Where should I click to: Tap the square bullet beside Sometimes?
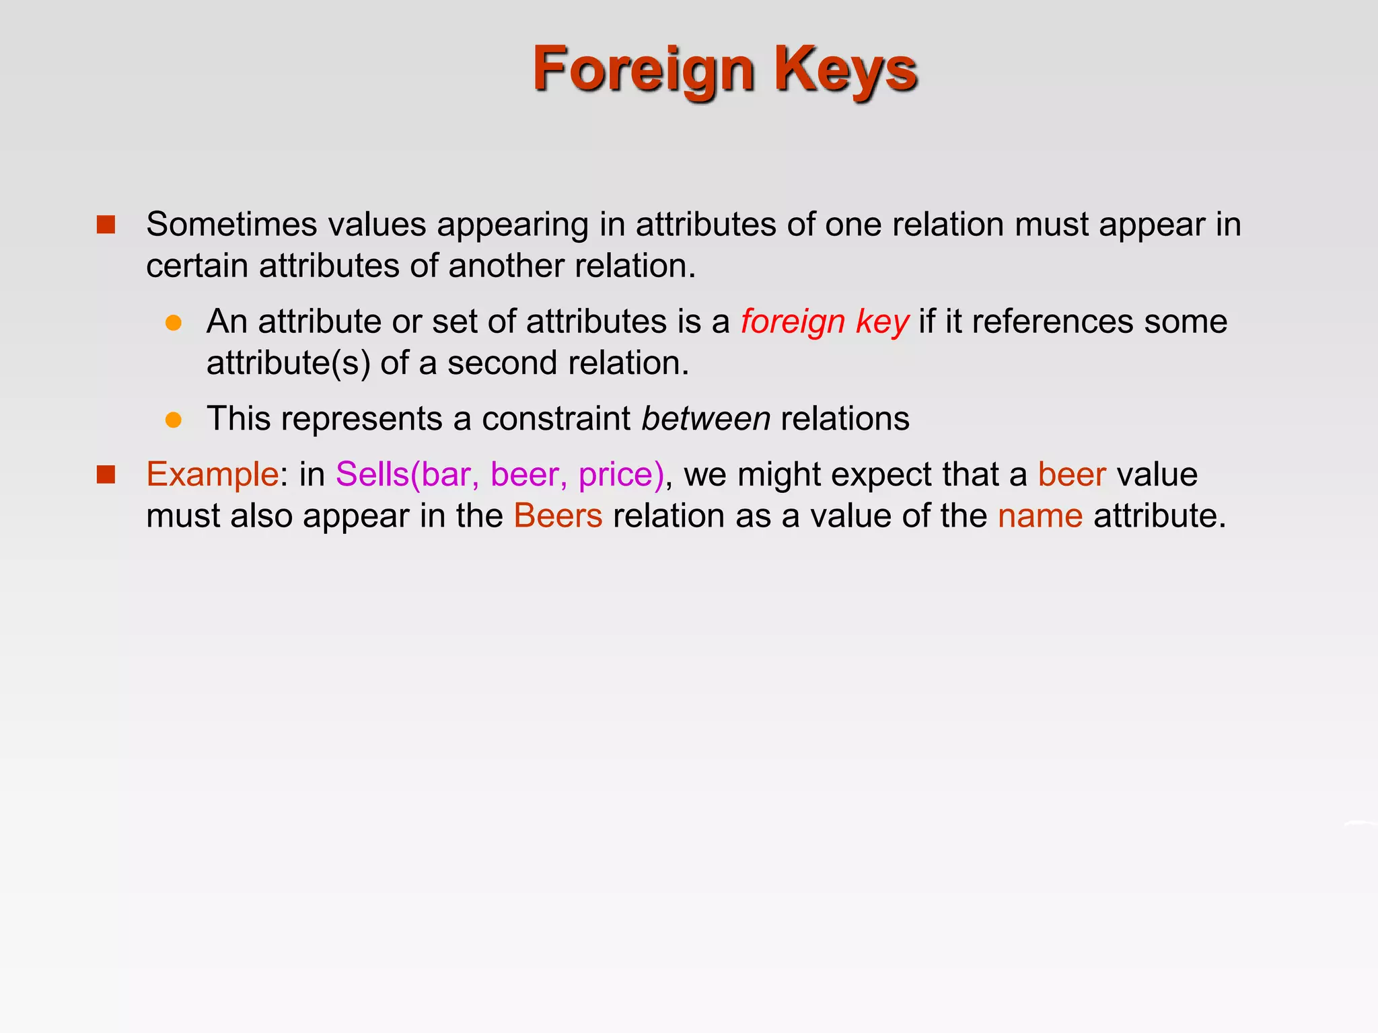pyautogui.click(x=106, y=225)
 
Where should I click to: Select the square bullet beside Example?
pyautogui.click(x=106, y=475)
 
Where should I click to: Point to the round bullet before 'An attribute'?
pyautogui.click(x=174, y=323)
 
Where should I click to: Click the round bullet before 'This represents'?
pyautogui.click(x=174, y=420)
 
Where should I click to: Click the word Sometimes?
pyautogui.click(x=231, y=225)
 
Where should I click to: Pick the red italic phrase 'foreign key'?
pyautogui.click(x=824, y=321)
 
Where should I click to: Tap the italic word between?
pyautogui.click(x=706, y=419)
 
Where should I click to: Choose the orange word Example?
pyautogui.click(x=212, y=474)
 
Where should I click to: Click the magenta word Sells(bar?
pyautogui.click(x=407, y=474)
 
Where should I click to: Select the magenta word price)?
pyautogui.click(x=620, y=474)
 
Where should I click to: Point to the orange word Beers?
pyautogui.click(x=558, y=516)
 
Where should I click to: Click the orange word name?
pyautogui.click(x=1040, y=516)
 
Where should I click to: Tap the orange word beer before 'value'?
pyautogui.click(x=1072, y=474)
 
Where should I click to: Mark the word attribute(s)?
pyautogui.click(x=288, y=363)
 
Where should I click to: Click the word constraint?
pyautogui.click(x=556, y=419)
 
